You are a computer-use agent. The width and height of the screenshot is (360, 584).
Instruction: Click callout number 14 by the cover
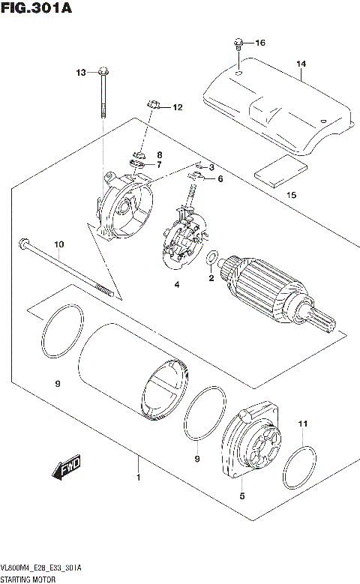coord(301,64)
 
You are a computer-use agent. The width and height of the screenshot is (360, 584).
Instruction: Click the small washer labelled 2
coord(212,259)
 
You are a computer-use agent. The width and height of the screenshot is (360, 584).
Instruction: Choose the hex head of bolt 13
coord(102,73)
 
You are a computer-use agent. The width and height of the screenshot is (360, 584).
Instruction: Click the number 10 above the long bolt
coord(59,244)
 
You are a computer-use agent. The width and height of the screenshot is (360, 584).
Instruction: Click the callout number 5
coord(242,496)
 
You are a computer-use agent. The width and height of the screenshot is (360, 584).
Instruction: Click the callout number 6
coord(220,178)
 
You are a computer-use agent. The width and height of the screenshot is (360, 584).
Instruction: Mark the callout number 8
coord(159,154)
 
